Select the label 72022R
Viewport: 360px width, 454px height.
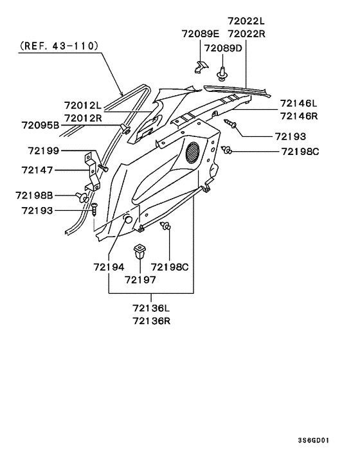point(245,33)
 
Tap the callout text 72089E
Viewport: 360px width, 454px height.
point(200,33)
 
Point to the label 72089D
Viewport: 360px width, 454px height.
point(223,48)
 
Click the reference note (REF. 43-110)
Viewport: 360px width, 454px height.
point(59,46)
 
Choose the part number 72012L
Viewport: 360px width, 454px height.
point(83,105)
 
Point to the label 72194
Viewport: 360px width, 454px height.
point(109,266)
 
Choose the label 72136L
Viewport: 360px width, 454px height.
point(152,308)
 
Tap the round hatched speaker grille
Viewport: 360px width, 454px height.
point(192,153)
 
